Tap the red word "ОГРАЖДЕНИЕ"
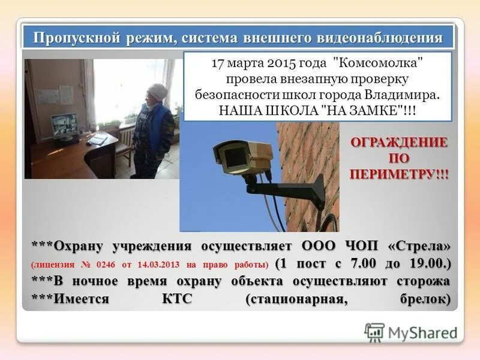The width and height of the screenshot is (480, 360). click(x=398, y=143)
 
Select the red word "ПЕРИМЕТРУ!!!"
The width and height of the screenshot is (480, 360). click(x=398, y=174)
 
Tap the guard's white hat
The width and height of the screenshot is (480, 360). click(x=157, y=92)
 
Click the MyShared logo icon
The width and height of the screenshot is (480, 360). click(x=374, y=332)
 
